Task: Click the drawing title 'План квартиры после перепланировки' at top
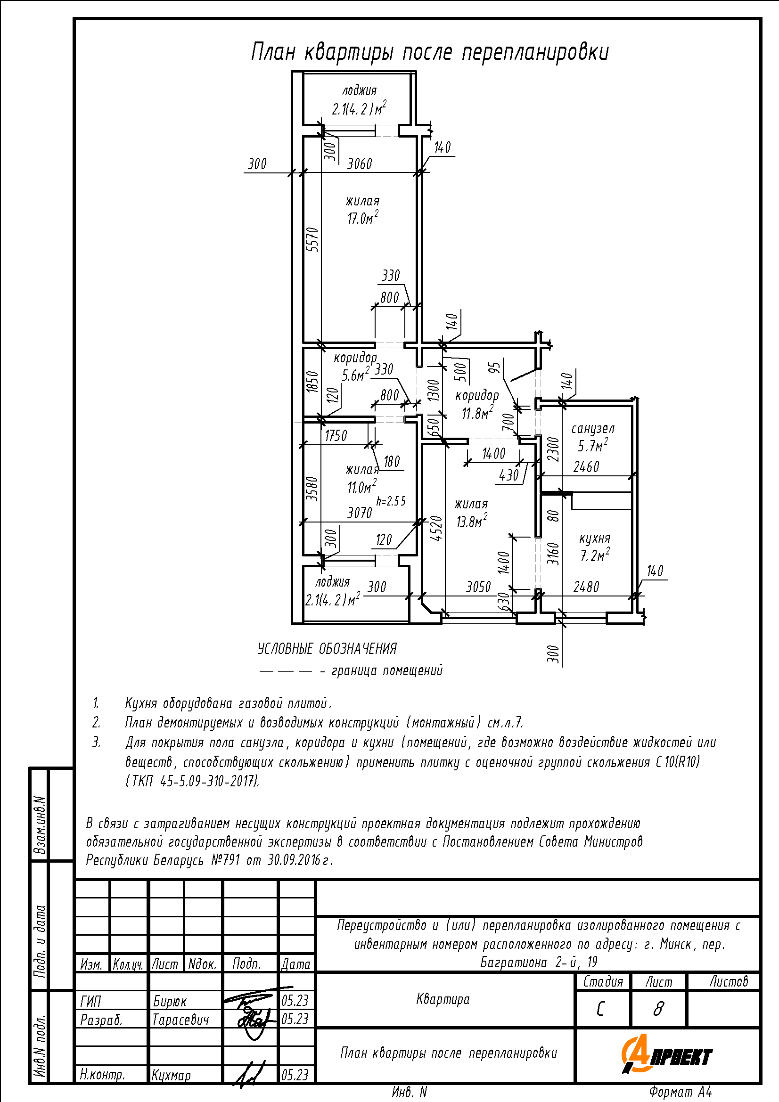click(x=430, y=52)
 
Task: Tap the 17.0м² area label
click(x=362, y=219)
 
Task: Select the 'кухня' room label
click(x=595, y=538)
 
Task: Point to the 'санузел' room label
click(x=593, y=428)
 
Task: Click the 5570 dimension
click(x=312, y=239)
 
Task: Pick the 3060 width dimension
click(x=360, y=164)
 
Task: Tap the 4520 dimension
click(x=436, y=528)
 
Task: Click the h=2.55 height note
click(x=391, y=501)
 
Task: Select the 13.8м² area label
click(x=471, y=521)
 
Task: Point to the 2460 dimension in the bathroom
click(x=586, y=466)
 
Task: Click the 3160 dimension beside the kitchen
click(x=554, y=553)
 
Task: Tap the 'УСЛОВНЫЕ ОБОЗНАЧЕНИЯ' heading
click(x=328, y=649)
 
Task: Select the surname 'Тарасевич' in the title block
click(x=180, y=1020)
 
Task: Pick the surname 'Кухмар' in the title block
click(x=171, y=1075)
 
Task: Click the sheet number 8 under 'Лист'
click(x=658, y=1010)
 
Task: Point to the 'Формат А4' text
click(x=680, y=1092)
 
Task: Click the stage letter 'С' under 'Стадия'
click(x=600, y=1010)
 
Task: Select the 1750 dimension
click(x=336, y=436)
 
